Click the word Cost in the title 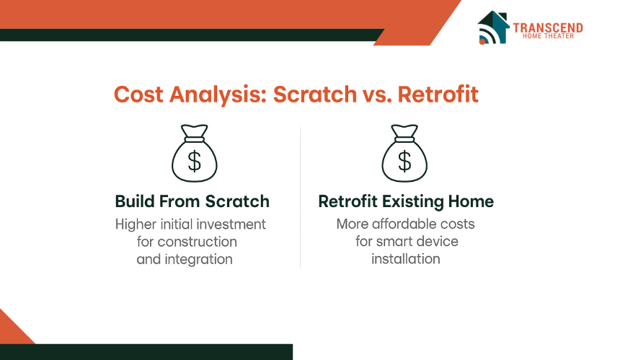(x=138, y=95)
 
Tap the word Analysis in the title (x=218, y=95)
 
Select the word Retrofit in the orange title (x=438, y=95)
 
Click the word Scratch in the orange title (x=315, y=95)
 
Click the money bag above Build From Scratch (x=194, y=154)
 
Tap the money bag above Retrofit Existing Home (x=404, y=154)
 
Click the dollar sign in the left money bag (x=194, y=162)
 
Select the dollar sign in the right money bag (x=404, y=162)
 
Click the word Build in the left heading (x=134, y=201)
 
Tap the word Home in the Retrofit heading (x=471, y=201)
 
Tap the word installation (x=406, y=259)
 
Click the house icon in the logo (x=493, y=27)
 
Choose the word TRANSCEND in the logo (x=548, y=27)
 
